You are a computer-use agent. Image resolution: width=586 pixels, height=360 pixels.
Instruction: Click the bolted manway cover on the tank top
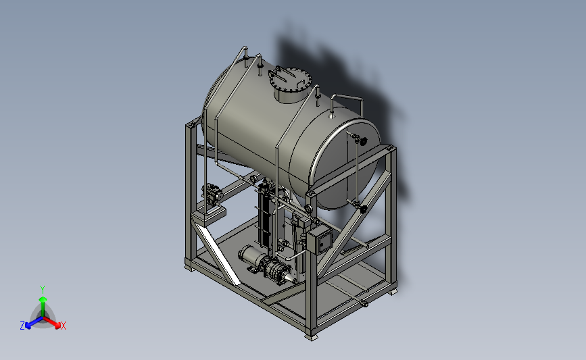click(290, 79)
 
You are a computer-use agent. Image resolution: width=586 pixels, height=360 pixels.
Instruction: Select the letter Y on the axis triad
click(43, 290)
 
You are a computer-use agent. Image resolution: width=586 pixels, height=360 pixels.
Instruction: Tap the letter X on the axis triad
click(63, 326)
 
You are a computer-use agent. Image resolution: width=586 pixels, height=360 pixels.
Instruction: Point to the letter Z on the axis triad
click(22, 326)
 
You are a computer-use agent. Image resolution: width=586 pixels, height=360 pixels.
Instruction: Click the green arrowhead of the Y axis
click(43, 299)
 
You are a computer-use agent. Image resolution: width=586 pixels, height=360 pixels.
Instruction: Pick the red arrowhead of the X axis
click(57, 325)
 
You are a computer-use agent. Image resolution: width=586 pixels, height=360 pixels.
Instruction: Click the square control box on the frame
click(320, 241)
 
